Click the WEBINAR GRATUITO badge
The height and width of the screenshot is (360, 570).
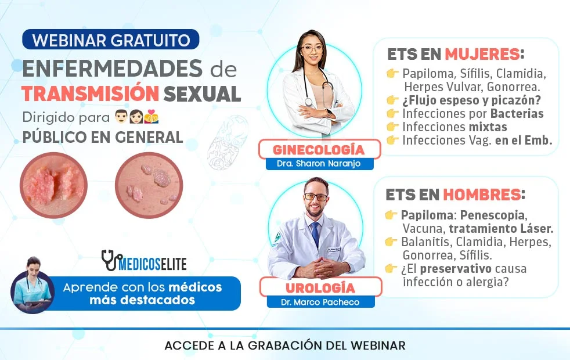tap(111, 40)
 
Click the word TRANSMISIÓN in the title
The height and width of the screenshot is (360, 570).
tap(89, 93)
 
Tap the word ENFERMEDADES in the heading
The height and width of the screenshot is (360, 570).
tap(113, 69)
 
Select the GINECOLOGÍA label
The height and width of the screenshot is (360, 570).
tap(319, 150)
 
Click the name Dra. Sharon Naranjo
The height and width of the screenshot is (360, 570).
tap(319, 164)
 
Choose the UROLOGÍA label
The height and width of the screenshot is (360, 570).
tap(320, 287)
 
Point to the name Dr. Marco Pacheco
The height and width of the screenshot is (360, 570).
tap(320, 302)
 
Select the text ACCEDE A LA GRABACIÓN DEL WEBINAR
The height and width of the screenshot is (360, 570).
tap(284, 345)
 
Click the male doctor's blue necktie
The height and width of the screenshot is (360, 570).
tap(315, 233)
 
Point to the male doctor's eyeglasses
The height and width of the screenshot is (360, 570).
tap(316, 197)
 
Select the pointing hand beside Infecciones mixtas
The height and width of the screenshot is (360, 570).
tap(393, 127)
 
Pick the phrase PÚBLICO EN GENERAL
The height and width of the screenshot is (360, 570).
tap(103, 138)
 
